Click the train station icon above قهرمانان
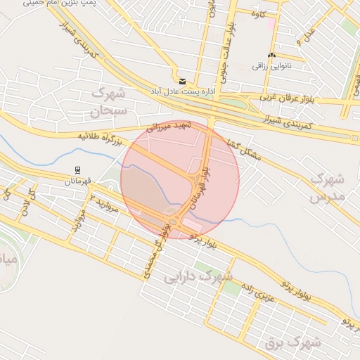pyautogui.click(x=77, y=169)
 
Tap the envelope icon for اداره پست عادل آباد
pyautogui.click(x=183, y=82)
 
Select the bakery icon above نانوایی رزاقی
pyautogui.click(x=271, y=56)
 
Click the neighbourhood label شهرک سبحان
pyautogui.click(x=109, y=101)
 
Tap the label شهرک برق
pyautogui.click(x=293, y=343)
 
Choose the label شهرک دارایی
pyautogui.click(x=199, y=277)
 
